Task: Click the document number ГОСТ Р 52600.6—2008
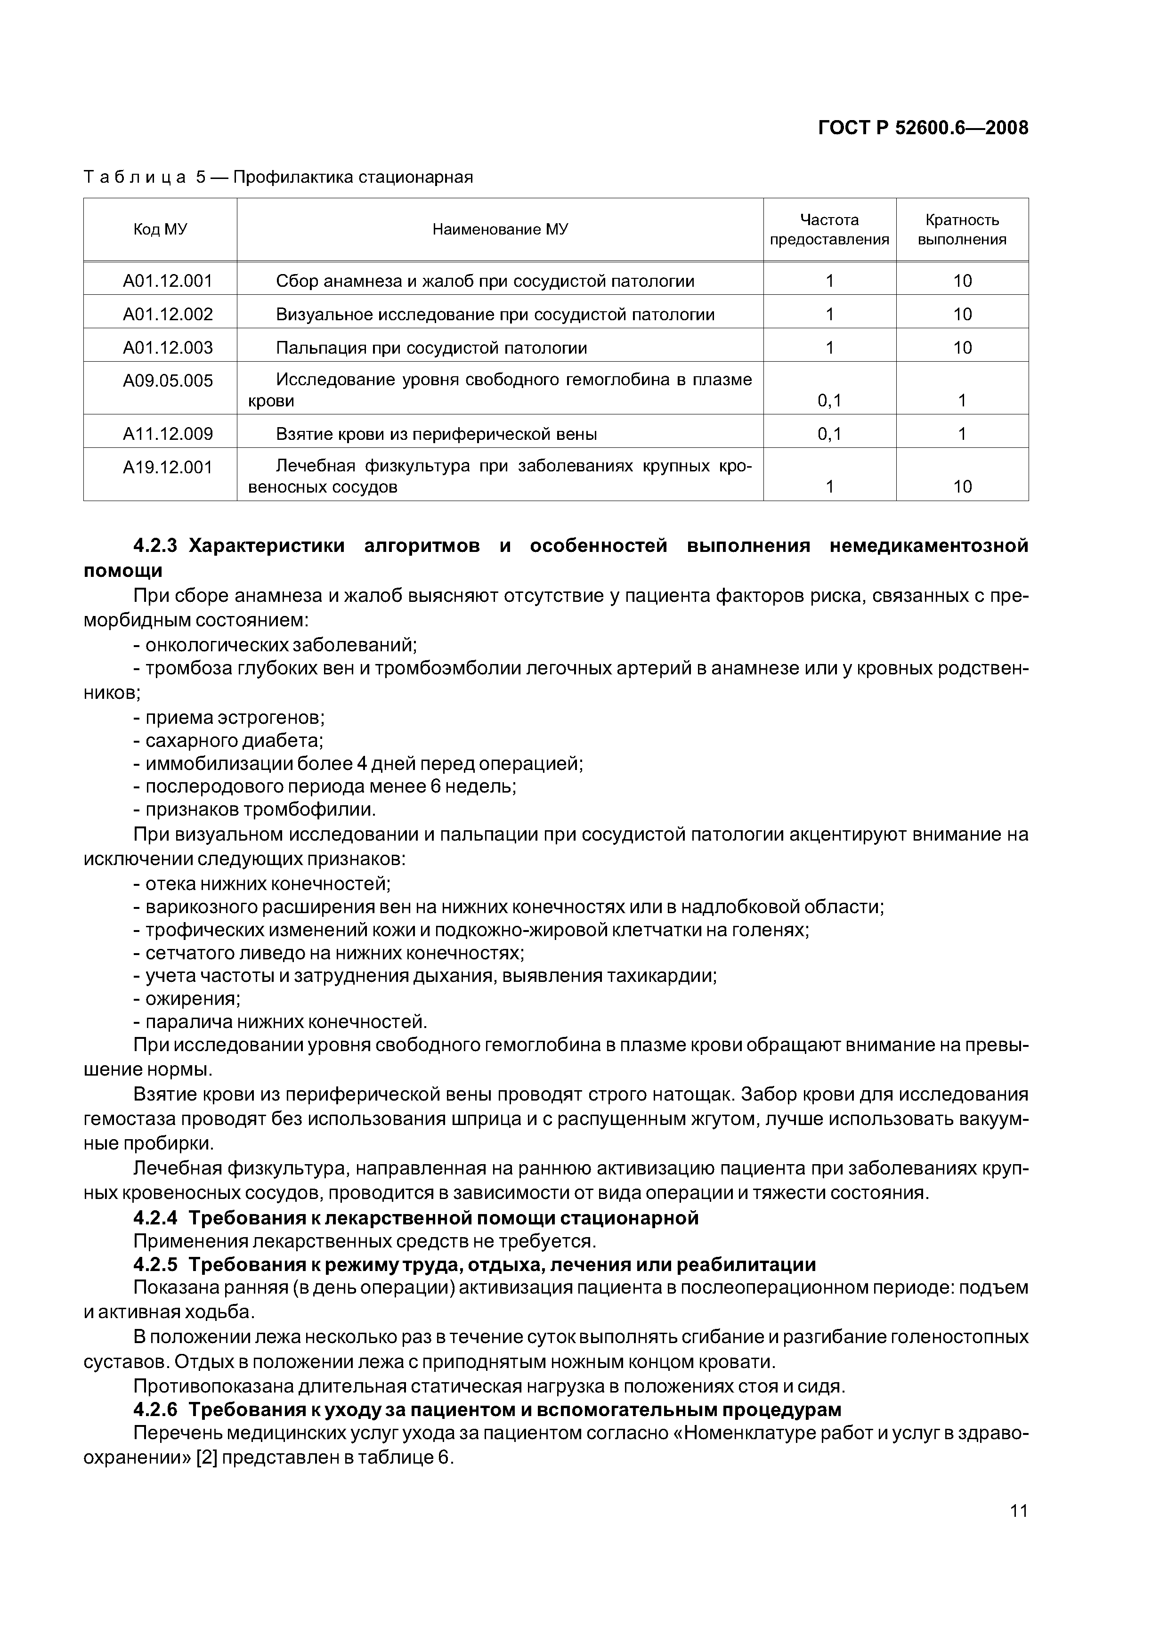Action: tap(923, 128)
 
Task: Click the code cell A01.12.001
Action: tap(168, 281)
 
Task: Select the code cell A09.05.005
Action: tap(168, 381)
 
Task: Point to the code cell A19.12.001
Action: tap(168, 468)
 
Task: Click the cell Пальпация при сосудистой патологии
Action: tap(431, 348)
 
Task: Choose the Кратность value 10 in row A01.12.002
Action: tap(962, 315)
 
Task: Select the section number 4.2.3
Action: tap(155, 546)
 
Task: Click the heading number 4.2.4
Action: tap(155, 1218)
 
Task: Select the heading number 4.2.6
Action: tap(155, 1409)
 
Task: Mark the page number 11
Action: tap(1018, 1510)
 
